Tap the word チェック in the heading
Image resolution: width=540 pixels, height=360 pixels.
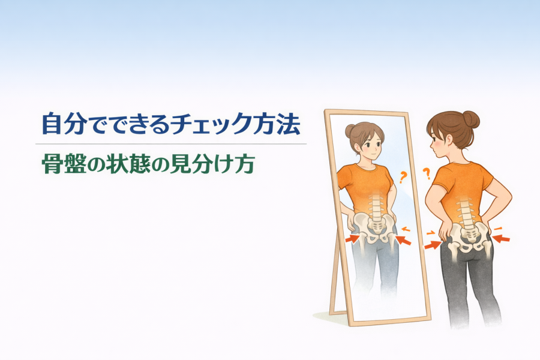tap(210, 124)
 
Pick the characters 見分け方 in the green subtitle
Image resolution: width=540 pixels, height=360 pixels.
tap(213, 164)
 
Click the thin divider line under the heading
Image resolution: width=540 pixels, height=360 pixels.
tap(171, 143)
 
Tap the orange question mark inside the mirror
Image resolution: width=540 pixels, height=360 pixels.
tap(403, 177)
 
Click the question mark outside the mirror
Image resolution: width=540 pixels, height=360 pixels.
tap(427, 173)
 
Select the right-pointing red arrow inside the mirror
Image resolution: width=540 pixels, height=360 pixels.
tap(352, 238)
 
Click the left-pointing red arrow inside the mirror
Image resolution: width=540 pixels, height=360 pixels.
tap(404, 240)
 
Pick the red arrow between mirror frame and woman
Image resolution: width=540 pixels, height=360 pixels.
tap(433, 245)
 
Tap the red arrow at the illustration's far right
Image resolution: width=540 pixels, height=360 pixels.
tap(501, 238)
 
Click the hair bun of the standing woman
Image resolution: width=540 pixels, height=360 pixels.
tap(471, 119)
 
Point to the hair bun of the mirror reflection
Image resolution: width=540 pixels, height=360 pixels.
tap(350, 131)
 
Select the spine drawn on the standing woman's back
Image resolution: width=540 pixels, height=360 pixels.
tap(466, 211)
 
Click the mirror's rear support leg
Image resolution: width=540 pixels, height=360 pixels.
tap(335, 275)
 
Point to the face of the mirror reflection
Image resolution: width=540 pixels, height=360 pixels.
tap(370, 145)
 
